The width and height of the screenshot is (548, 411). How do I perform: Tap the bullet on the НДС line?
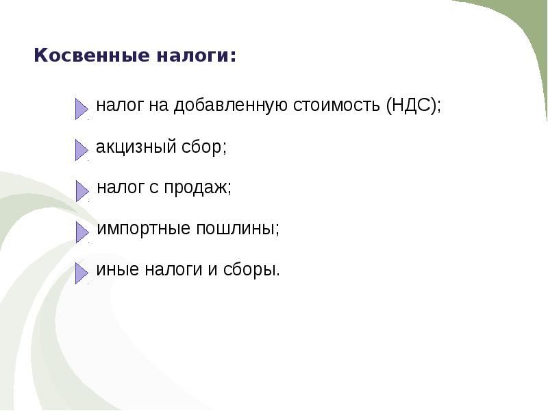[82, 108]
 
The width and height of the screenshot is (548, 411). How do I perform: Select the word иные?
[116, 270]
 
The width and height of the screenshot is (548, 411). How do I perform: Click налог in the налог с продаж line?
[118, 188]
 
